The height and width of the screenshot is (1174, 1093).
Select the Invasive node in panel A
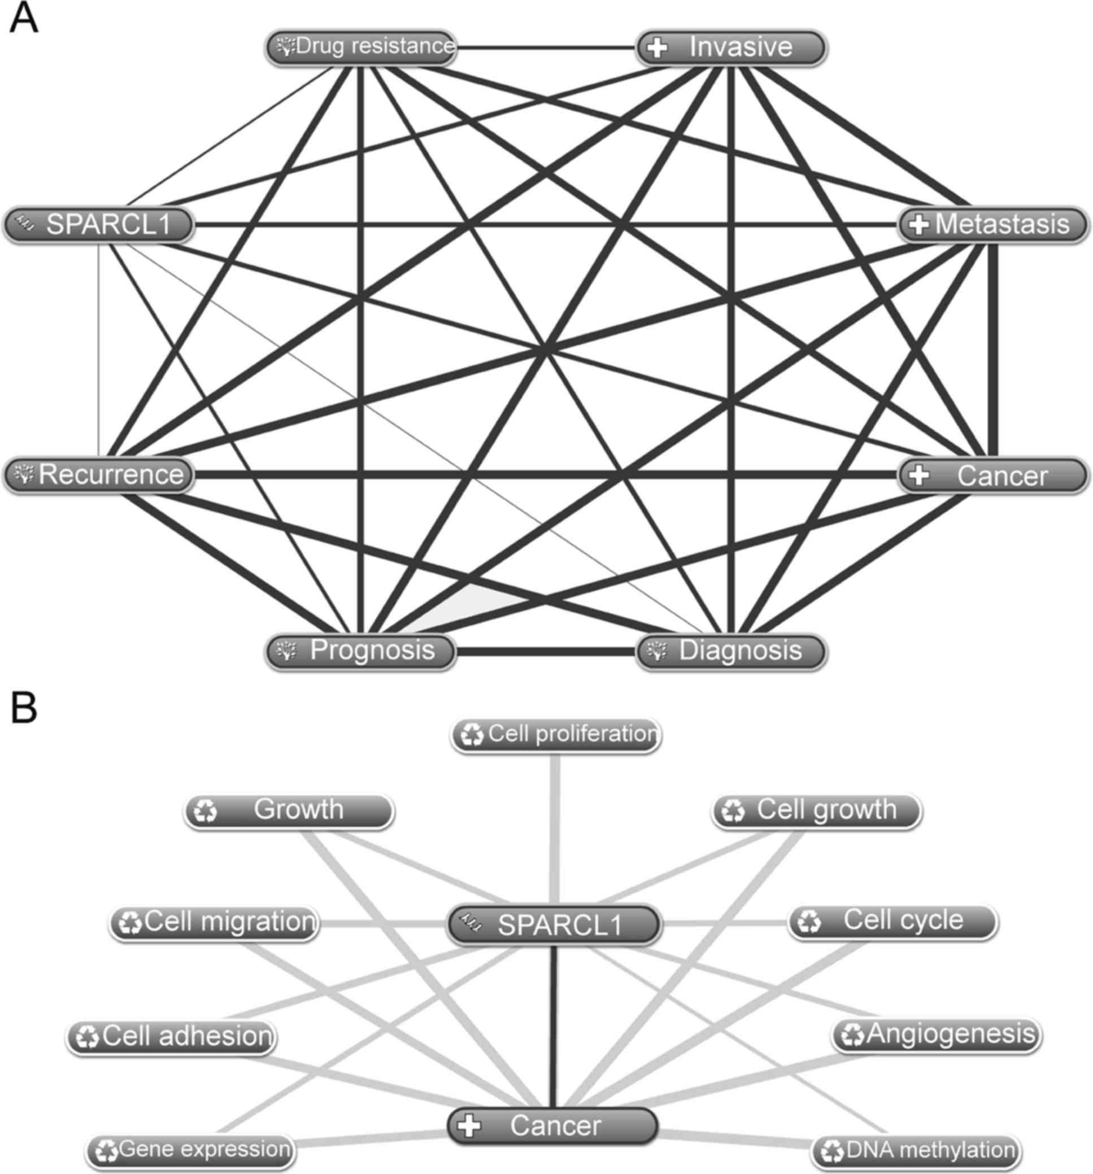731,48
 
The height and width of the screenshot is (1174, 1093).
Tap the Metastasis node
992,224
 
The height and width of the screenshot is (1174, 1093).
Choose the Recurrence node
99,475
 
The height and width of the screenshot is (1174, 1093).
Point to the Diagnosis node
731,651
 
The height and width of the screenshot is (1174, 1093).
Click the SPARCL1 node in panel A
99,224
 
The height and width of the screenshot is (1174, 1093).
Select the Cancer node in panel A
992,475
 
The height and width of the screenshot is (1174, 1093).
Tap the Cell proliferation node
555,735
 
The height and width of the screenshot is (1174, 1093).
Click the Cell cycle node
892,921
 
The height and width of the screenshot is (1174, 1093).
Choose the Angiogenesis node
937,1035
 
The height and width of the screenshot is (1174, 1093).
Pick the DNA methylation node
916,1150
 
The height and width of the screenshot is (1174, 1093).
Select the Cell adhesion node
171,1037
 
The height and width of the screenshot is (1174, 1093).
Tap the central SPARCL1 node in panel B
554,924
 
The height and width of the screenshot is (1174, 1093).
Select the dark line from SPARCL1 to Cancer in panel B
554,1028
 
